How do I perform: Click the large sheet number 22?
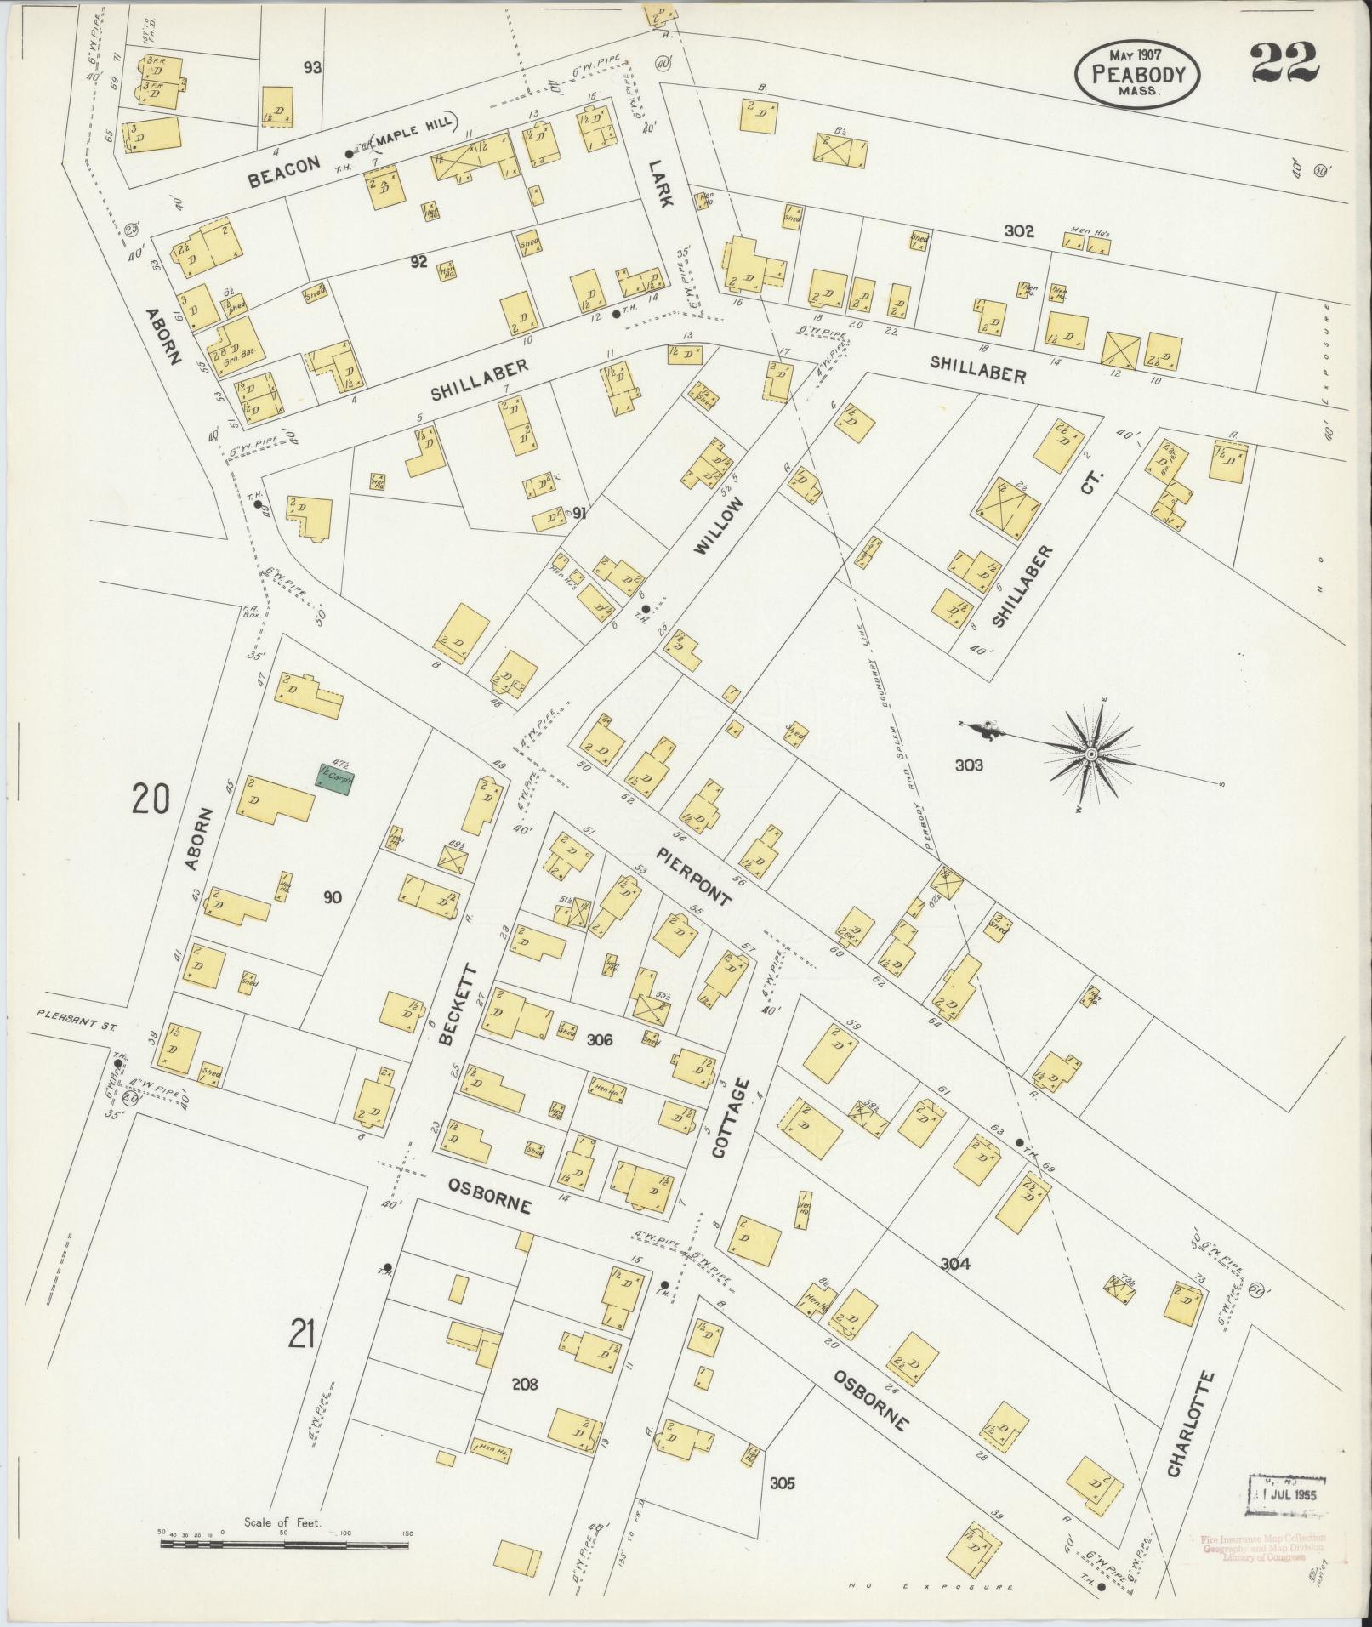(1285, 64)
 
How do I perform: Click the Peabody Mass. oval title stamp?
(1138, 75)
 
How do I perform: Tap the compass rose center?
(1090, 754)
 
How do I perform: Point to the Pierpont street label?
(693, 875)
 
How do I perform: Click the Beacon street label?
(285, 172)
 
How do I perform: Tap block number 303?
(968, 765)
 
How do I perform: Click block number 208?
(525, 1385)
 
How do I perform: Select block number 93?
(312, 67)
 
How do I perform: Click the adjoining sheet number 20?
(151, 799)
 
